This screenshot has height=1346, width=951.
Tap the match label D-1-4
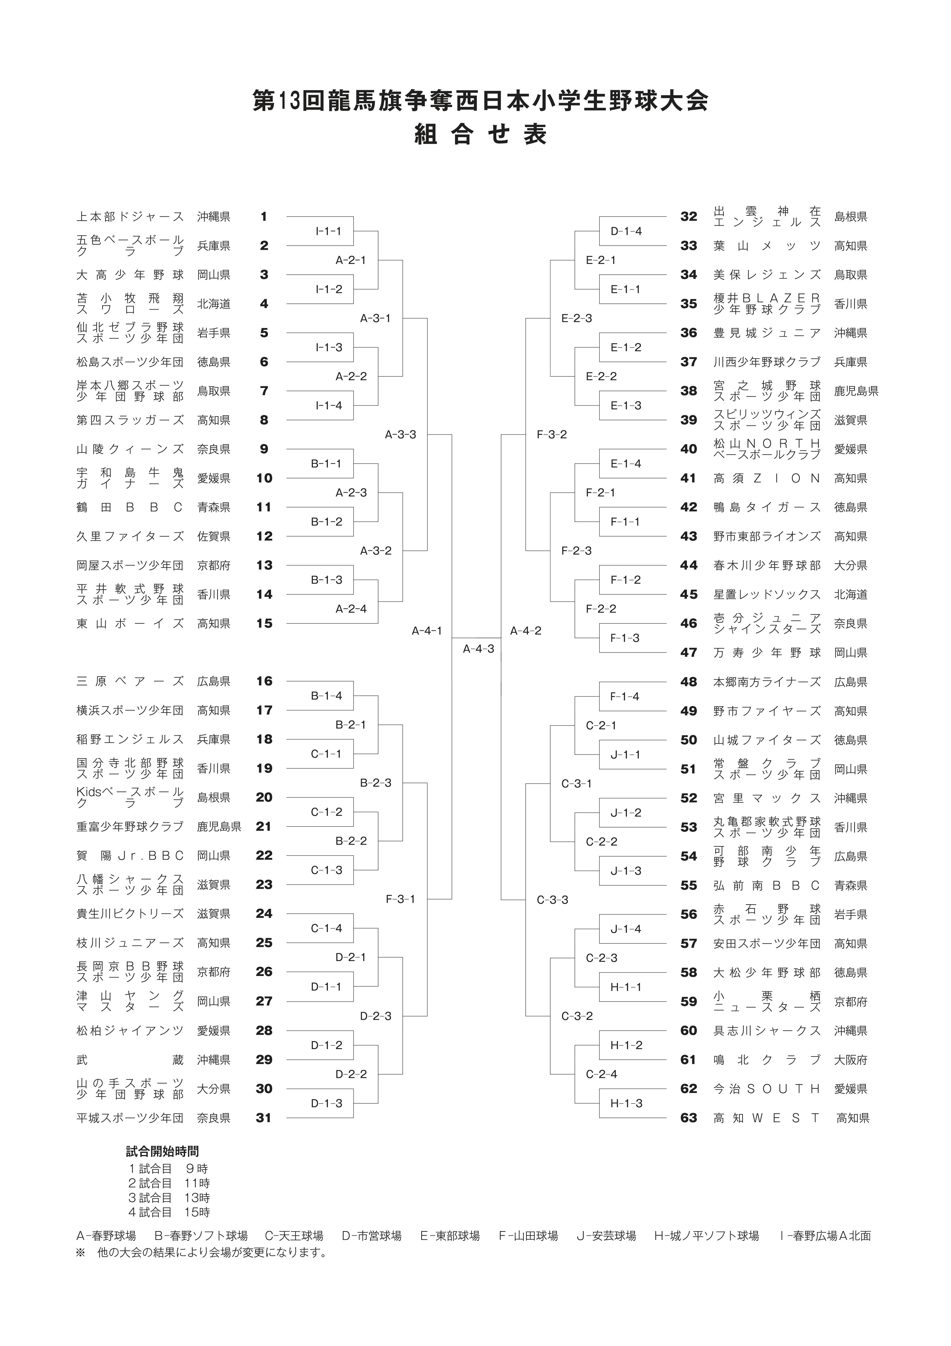point(626,231)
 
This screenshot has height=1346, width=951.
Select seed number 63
point(689,1118)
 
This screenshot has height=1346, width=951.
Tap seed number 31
point(264,1118)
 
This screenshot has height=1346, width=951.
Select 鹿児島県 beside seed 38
point(857,391)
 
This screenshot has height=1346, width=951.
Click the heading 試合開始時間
point(162,1151)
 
